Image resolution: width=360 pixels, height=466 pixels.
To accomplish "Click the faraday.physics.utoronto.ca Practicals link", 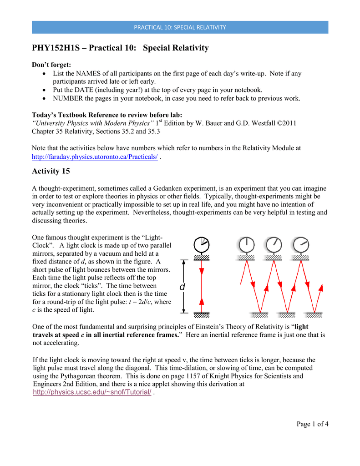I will click(95, 157).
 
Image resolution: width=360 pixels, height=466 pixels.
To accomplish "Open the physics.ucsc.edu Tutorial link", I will click(92, 393).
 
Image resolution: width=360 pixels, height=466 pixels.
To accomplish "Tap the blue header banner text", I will click(180, 27).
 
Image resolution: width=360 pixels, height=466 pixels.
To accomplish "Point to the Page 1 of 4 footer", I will click(312, 424).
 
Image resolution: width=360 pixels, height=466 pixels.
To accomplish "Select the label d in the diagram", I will click(182, 287).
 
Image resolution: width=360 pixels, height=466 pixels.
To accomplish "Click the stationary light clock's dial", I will click(201, 245).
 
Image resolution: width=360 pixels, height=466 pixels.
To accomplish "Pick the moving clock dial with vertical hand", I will click(247, 244).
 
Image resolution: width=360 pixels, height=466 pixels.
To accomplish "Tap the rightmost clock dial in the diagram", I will click(301, 244).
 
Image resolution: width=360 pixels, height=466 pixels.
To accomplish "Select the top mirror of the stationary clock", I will click(201, 258).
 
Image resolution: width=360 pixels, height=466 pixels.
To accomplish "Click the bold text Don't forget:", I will click(51, 65).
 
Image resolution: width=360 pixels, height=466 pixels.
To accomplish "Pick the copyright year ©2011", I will click(286, 123).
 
